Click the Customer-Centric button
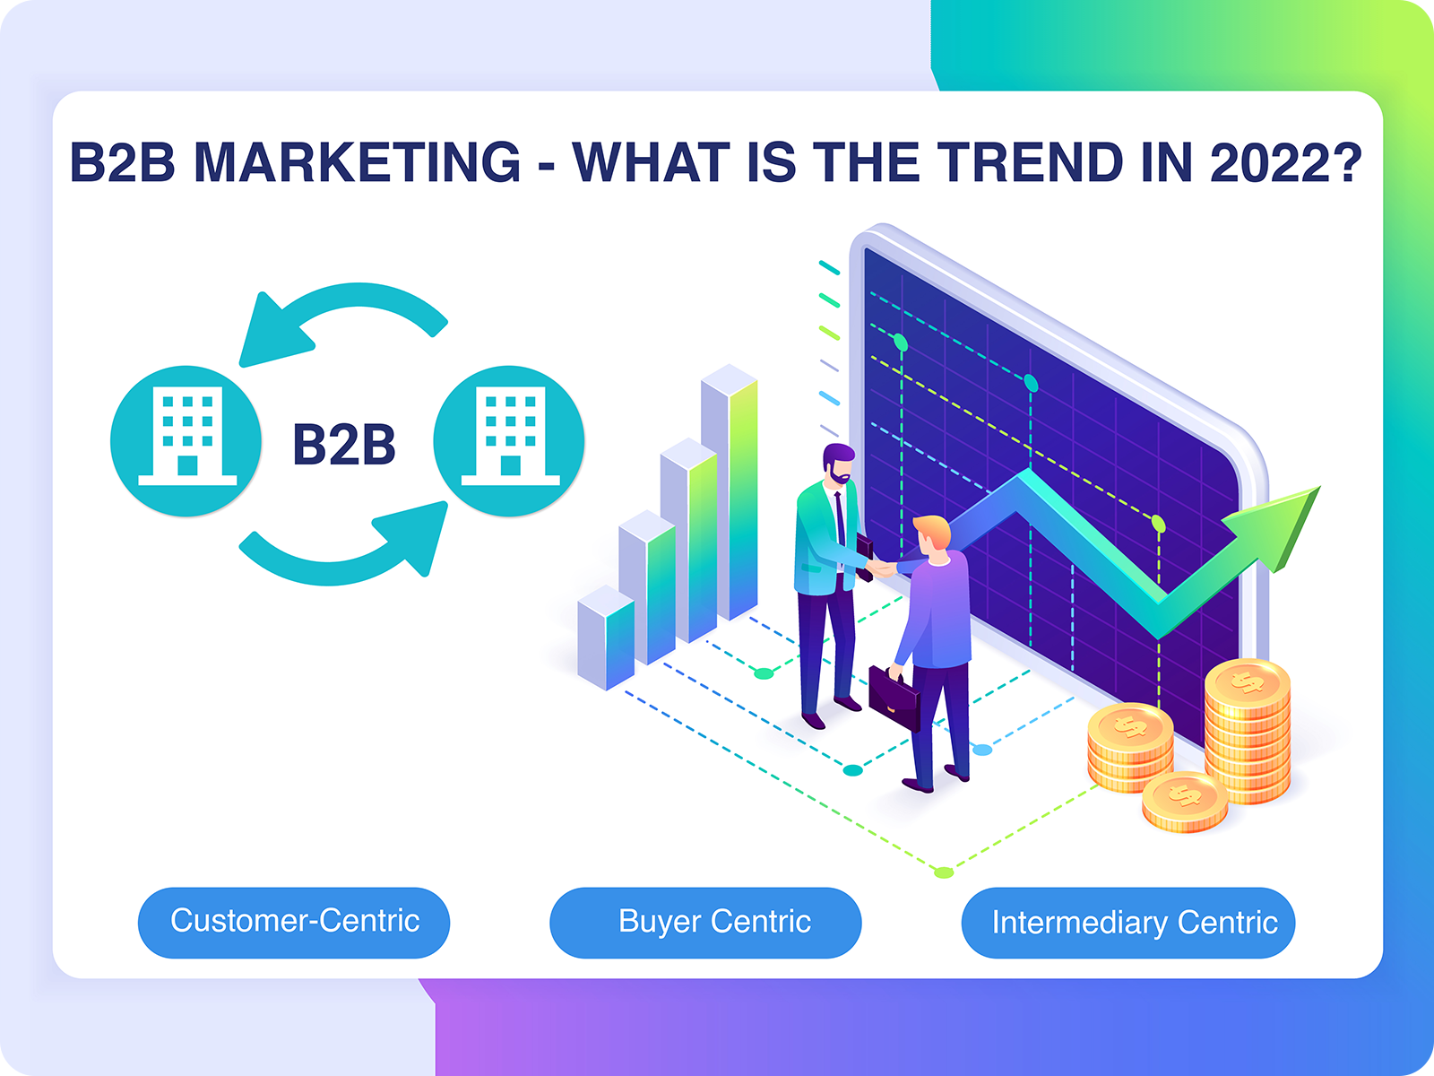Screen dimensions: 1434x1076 (294, 923)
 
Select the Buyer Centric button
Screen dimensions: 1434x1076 (705, 923)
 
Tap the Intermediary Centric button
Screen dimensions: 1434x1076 (1128, 923)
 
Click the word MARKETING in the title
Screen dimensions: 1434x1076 (358, 161)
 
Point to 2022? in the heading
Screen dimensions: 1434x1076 (1286, 161)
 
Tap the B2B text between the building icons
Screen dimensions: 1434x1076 (343, 444)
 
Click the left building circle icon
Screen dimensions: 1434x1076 (186, 441)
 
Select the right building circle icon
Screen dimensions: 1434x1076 (509, 441)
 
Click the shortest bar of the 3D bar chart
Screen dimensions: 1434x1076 (606, 638)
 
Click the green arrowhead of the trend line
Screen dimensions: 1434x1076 (1273, 526)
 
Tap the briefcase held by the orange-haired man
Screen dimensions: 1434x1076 (894, 698)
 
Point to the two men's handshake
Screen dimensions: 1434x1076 (881, 568)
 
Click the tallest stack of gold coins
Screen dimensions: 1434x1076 (1248, 731)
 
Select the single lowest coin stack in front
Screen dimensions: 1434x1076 (1185, 802)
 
